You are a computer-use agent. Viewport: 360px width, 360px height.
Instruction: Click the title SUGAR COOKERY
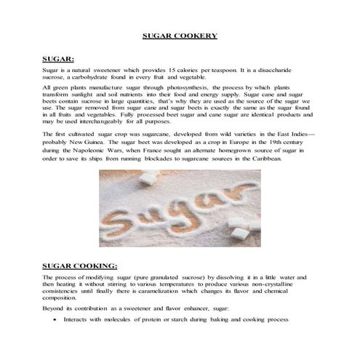point(179,35)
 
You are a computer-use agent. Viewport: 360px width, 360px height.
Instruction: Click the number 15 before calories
point(172,68)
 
